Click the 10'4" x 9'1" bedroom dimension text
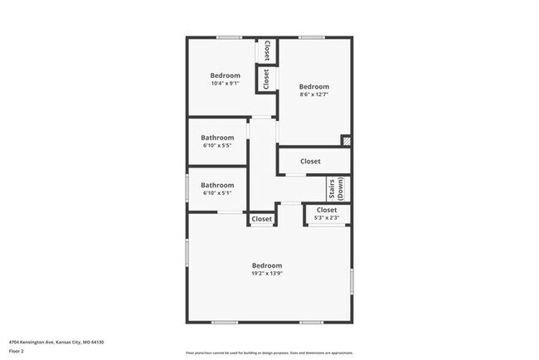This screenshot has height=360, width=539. click(x=225, y=83)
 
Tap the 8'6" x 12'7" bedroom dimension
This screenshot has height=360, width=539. click(x=314, y=95)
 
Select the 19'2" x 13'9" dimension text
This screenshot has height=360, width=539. click(x=267, y=274)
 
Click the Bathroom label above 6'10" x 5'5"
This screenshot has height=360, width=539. click(x=217, y=138)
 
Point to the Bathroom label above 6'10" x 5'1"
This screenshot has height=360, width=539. click(x=217, y=185)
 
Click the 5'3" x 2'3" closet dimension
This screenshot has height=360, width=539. click(x=327, y=218)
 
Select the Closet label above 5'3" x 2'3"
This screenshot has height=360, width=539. click(x=327, y=210)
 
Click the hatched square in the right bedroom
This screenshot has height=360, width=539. click(x=347, y=142)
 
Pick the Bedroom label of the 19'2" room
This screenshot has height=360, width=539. click(x=267, y=265)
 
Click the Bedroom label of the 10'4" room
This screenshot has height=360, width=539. click(x=225, y=75)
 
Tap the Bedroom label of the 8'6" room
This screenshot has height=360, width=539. click(x=314, y=87)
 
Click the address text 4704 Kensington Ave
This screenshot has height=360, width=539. click(x=56, y=342)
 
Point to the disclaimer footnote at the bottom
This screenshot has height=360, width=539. click(x=269, y=352)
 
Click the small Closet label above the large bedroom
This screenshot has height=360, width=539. click(x=261, y=219)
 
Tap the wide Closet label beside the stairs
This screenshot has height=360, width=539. click(x=310, y=161)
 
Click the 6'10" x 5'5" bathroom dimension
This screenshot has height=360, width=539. click(x=217, y=145)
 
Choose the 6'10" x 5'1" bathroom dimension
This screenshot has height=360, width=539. click(x=217, y=192)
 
